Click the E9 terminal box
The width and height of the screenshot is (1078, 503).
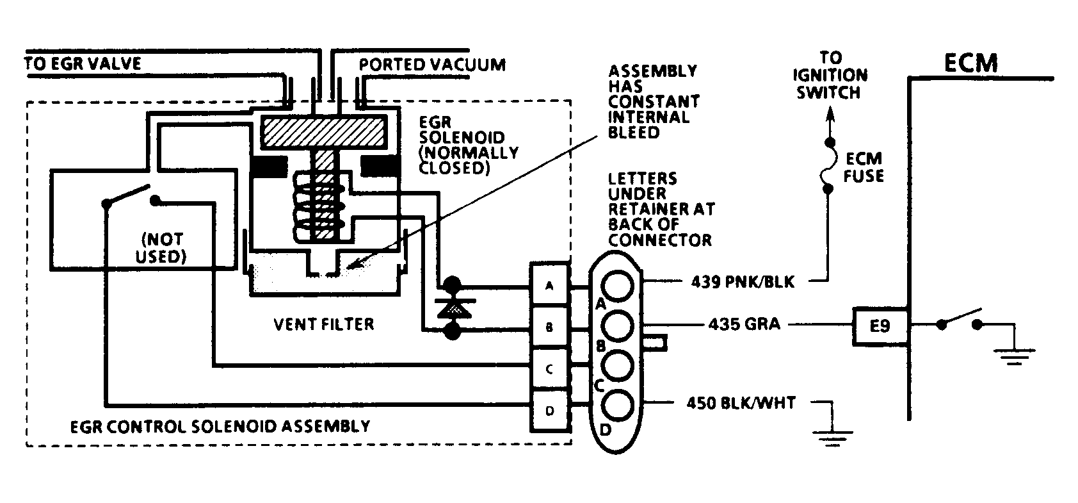(x=880, y=326)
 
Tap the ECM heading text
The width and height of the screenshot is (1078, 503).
(x=970, y=63)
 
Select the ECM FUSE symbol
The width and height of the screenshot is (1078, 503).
(x=828, y=165)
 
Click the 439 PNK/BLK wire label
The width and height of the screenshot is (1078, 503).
(x=743, y=281)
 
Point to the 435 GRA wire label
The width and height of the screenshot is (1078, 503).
(x=744, y=324)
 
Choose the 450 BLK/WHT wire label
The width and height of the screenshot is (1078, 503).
(x=741, y=403)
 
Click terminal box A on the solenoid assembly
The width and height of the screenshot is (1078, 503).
(x=549, y=286)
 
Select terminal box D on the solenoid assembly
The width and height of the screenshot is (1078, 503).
(x=549, y=411)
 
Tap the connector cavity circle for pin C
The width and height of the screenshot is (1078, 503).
(x=618, y=365)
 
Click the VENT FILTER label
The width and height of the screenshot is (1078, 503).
(x=323, y=324)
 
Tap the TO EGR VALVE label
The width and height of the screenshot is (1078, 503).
(x=83, y=63)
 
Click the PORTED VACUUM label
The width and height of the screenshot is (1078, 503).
(x=432, y=65)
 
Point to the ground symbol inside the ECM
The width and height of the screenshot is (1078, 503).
(x=1014, y=356)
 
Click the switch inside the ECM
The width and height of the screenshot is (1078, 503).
(x=959, y=320)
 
